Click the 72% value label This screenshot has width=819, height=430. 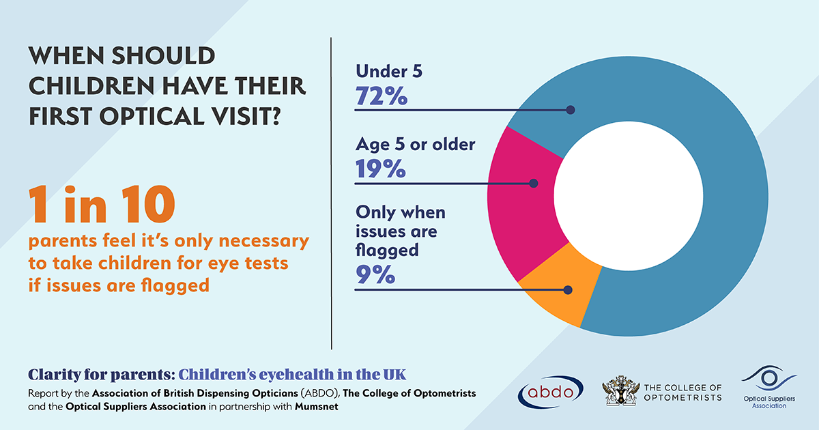coord(381,96)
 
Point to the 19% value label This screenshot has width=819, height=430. coord(380,169)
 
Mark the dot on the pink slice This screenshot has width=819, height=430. coord(533,183)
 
